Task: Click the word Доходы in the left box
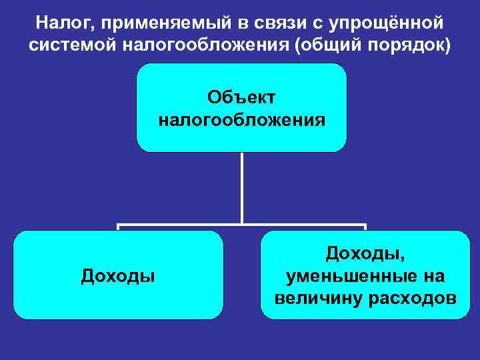pyautogui.click(x=118, y=275)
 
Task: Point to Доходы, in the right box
pyautogui.click(x=365, y=253)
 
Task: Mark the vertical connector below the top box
pyautogui.click(x=241, y=187)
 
